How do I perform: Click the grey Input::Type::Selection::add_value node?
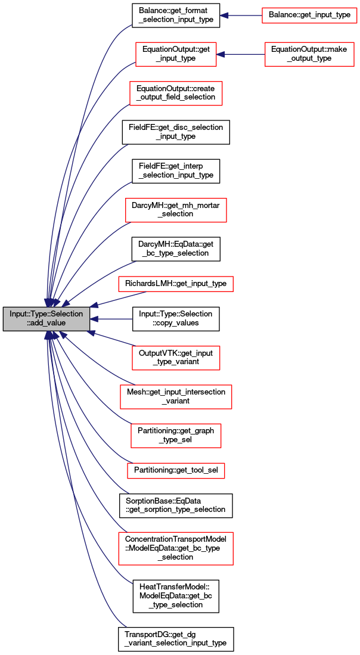tap(46, 319)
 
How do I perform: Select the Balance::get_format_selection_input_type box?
tap(176, 16)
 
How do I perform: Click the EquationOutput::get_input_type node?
tap(176, 54)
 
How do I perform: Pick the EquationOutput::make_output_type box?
tap(309, 54)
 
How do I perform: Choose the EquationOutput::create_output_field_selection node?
tap(176, 93)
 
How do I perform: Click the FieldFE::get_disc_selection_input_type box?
tap(176, 132)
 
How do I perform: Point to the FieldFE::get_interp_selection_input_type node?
tap(176, 171)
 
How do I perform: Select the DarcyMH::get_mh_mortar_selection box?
tap(176, 210)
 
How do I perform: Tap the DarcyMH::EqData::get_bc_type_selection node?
tap(176, 249)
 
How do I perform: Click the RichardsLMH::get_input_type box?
tap(176, 284)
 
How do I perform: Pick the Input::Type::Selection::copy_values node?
tap(176, 319)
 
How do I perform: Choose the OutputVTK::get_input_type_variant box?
tap(176, 358)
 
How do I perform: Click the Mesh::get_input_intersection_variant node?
tap(176, 397)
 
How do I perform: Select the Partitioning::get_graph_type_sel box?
tap(176, 436)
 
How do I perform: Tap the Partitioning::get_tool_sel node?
tap(176, 471)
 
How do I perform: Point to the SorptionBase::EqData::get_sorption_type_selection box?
tap(176, 506)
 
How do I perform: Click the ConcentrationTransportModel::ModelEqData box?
tap(176, 548)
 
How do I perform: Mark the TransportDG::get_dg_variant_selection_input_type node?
tap(176, 639)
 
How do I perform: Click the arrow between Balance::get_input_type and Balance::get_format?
tap(241, 16)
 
